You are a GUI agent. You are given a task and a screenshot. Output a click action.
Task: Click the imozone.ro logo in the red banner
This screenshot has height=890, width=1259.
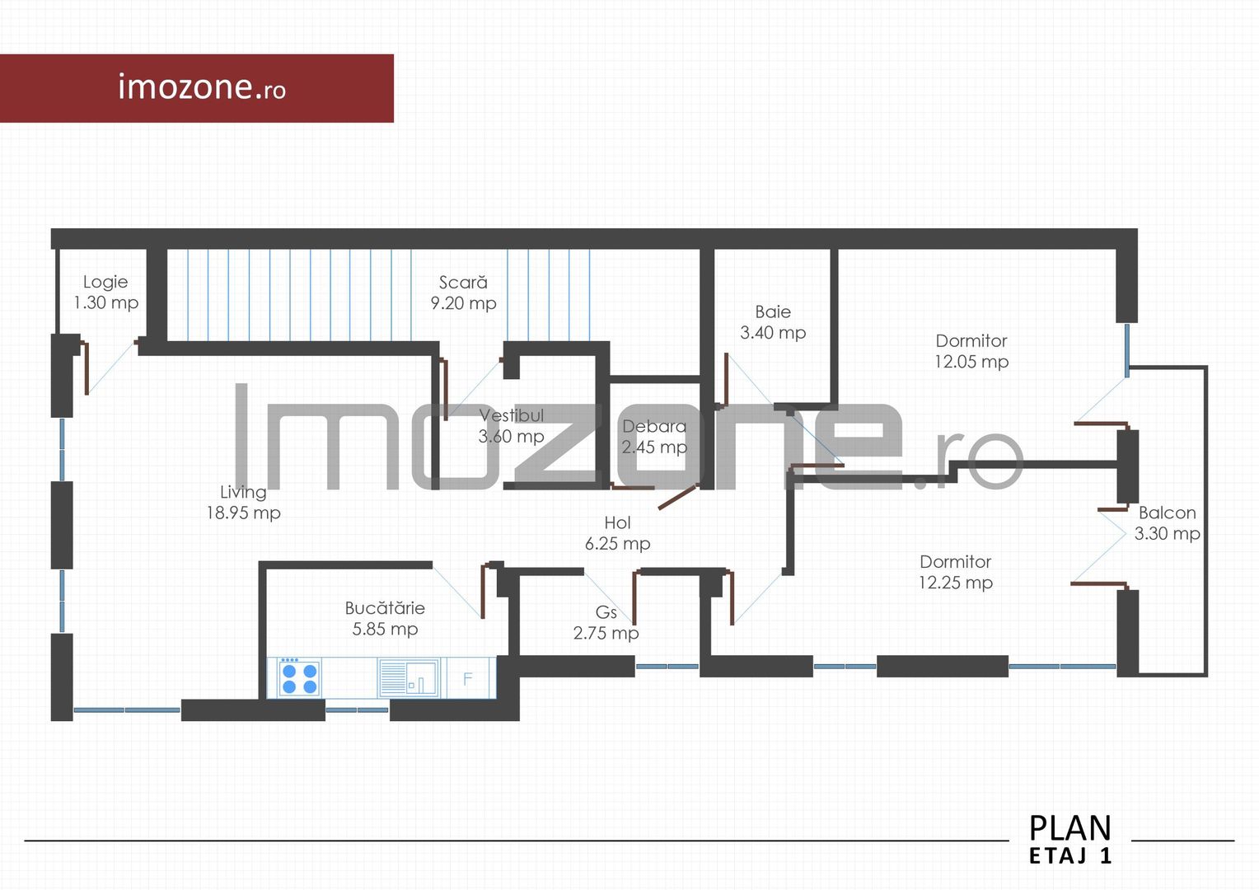click(202, 87)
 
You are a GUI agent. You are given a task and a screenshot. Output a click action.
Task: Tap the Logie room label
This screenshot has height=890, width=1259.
click(105, 293)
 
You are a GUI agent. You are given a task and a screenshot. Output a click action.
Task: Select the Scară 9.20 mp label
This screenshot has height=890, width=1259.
click(463, 293)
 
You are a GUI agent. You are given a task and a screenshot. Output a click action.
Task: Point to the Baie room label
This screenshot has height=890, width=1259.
click(773, 322)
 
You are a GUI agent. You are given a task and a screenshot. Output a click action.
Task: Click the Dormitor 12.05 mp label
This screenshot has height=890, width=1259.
click(971, 351)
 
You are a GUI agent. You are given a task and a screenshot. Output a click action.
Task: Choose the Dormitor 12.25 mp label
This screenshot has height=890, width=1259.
click(956, 572)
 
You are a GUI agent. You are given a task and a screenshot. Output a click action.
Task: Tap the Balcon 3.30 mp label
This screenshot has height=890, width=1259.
click(1167, 523)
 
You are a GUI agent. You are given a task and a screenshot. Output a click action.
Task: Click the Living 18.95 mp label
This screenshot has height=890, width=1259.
click(243, 502)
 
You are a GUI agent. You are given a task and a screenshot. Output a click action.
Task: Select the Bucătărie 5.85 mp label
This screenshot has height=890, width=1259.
click(385, 618)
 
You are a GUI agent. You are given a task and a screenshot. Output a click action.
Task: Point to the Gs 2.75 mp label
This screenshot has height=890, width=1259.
click(606, 622)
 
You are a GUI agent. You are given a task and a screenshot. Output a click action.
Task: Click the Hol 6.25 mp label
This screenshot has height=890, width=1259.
click(617, 533)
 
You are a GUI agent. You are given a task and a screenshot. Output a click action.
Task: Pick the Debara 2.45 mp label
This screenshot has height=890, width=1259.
click(654, 437)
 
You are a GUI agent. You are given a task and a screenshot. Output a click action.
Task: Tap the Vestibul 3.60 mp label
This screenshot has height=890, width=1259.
click(511, 425)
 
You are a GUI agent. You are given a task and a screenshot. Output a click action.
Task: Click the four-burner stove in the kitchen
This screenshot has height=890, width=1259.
click(299, 677)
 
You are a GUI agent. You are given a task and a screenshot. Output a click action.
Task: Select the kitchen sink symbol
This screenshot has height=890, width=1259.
click(409, 677)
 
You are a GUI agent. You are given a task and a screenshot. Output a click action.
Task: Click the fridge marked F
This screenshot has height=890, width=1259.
click(468, 678)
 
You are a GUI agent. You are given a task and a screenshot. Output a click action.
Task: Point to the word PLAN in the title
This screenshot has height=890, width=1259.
click(1070, 828)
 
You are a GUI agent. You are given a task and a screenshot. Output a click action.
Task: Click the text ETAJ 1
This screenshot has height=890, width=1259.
click(1070, 856)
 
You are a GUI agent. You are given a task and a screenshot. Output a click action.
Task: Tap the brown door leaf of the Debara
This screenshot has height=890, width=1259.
click(677, 497)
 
